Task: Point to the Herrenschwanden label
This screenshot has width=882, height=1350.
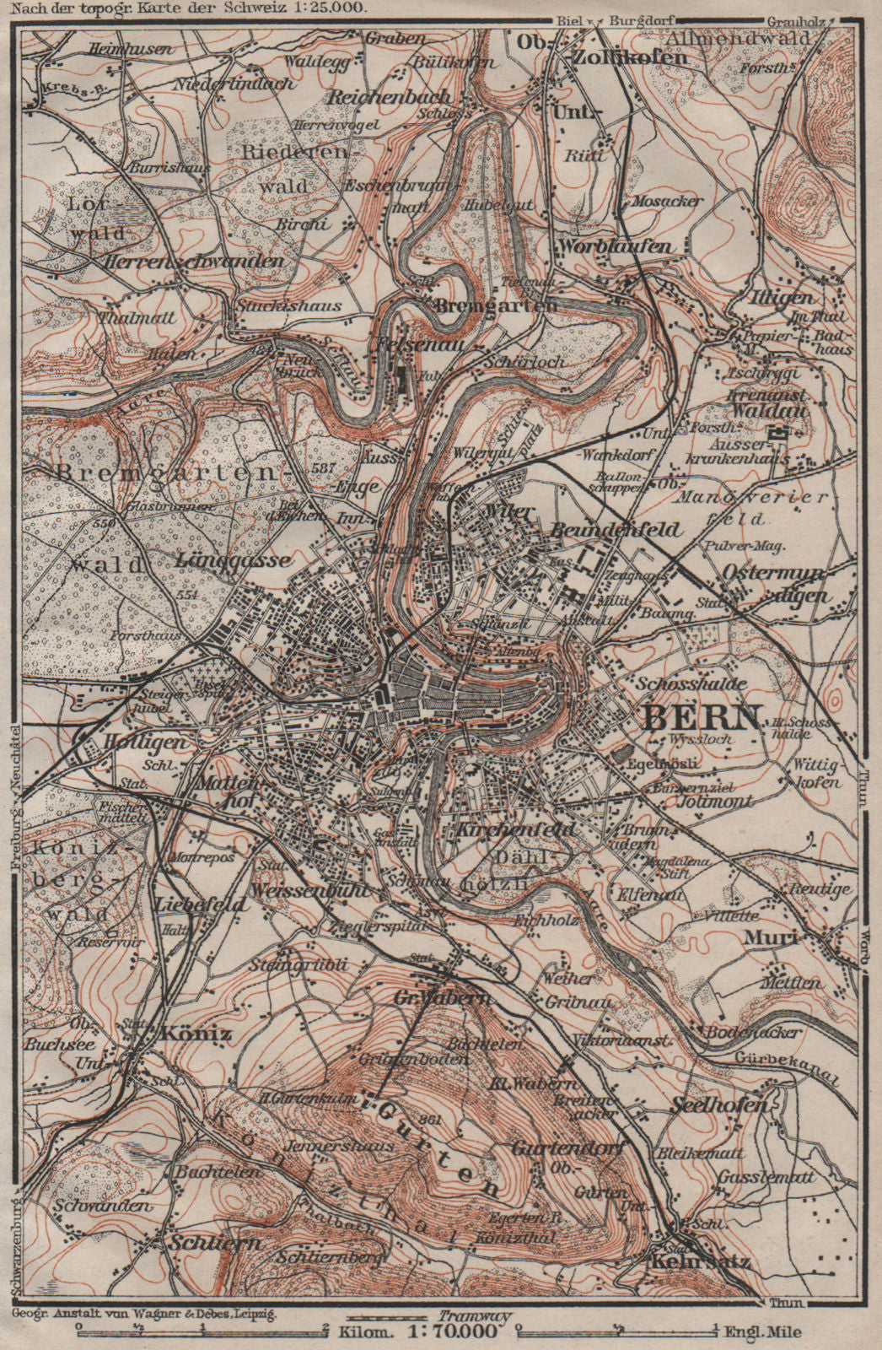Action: [x=194, y=262]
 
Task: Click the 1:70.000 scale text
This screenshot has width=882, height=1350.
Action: [x=452, y=1333]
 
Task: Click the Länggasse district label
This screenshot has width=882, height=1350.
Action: [x=223, y=559]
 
